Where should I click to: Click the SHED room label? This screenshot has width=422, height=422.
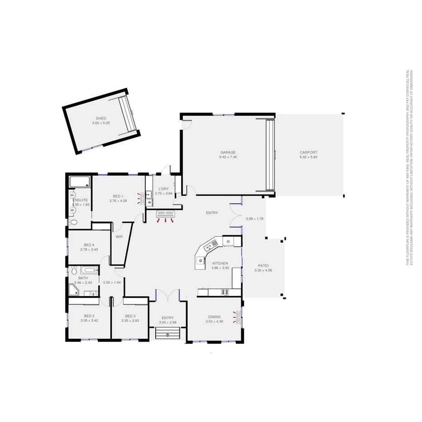coord(98,119)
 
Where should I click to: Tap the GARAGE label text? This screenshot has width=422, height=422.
coord(228,153)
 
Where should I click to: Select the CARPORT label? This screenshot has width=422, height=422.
coord(308,153)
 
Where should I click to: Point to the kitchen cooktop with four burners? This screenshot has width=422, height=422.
coord(224,293)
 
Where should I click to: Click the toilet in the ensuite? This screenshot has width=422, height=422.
coord(73,222)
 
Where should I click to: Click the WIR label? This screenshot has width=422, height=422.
coord(120,237)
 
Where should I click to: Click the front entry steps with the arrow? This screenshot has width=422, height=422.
coord(168,334)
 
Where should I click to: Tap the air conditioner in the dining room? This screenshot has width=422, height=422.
coord(236,316)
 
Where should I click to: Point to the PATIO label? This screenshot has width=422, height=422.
coord(263,266)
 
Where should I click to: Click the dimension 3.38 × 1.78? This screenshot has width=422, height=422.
coord(254,219)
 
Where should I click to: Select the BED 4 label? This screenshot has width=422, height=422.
coord(89,245)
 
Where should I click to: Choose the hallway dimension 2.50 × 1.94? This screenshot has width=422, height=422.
coord(111,283)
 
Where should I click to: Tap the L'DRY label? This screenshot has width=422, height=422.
coord(163,189)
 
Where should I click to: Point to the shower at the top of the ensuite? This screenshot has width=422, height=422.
coord(80,182)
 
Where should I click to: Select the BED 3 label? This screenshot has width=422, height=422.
coord(130,316)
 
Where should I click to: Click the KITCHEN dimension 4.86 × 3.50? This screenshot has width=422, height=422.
coord(220,268)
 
